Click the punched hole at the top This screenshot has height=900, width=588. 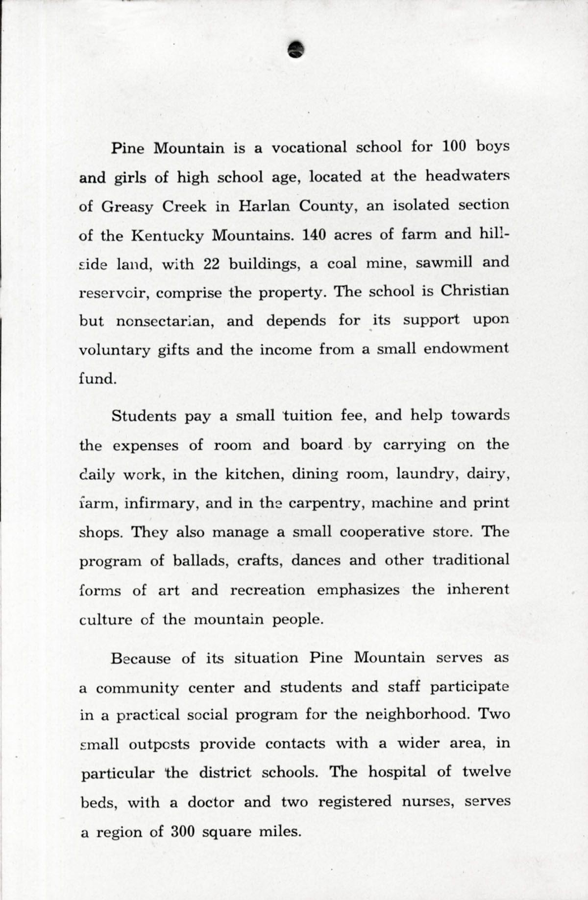point(296,48)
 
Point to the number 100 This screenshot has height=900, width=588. point(456,146)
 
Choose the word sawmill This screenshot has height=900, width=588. point(444,263)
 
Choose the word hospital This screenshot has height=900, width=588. point(397,772)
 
